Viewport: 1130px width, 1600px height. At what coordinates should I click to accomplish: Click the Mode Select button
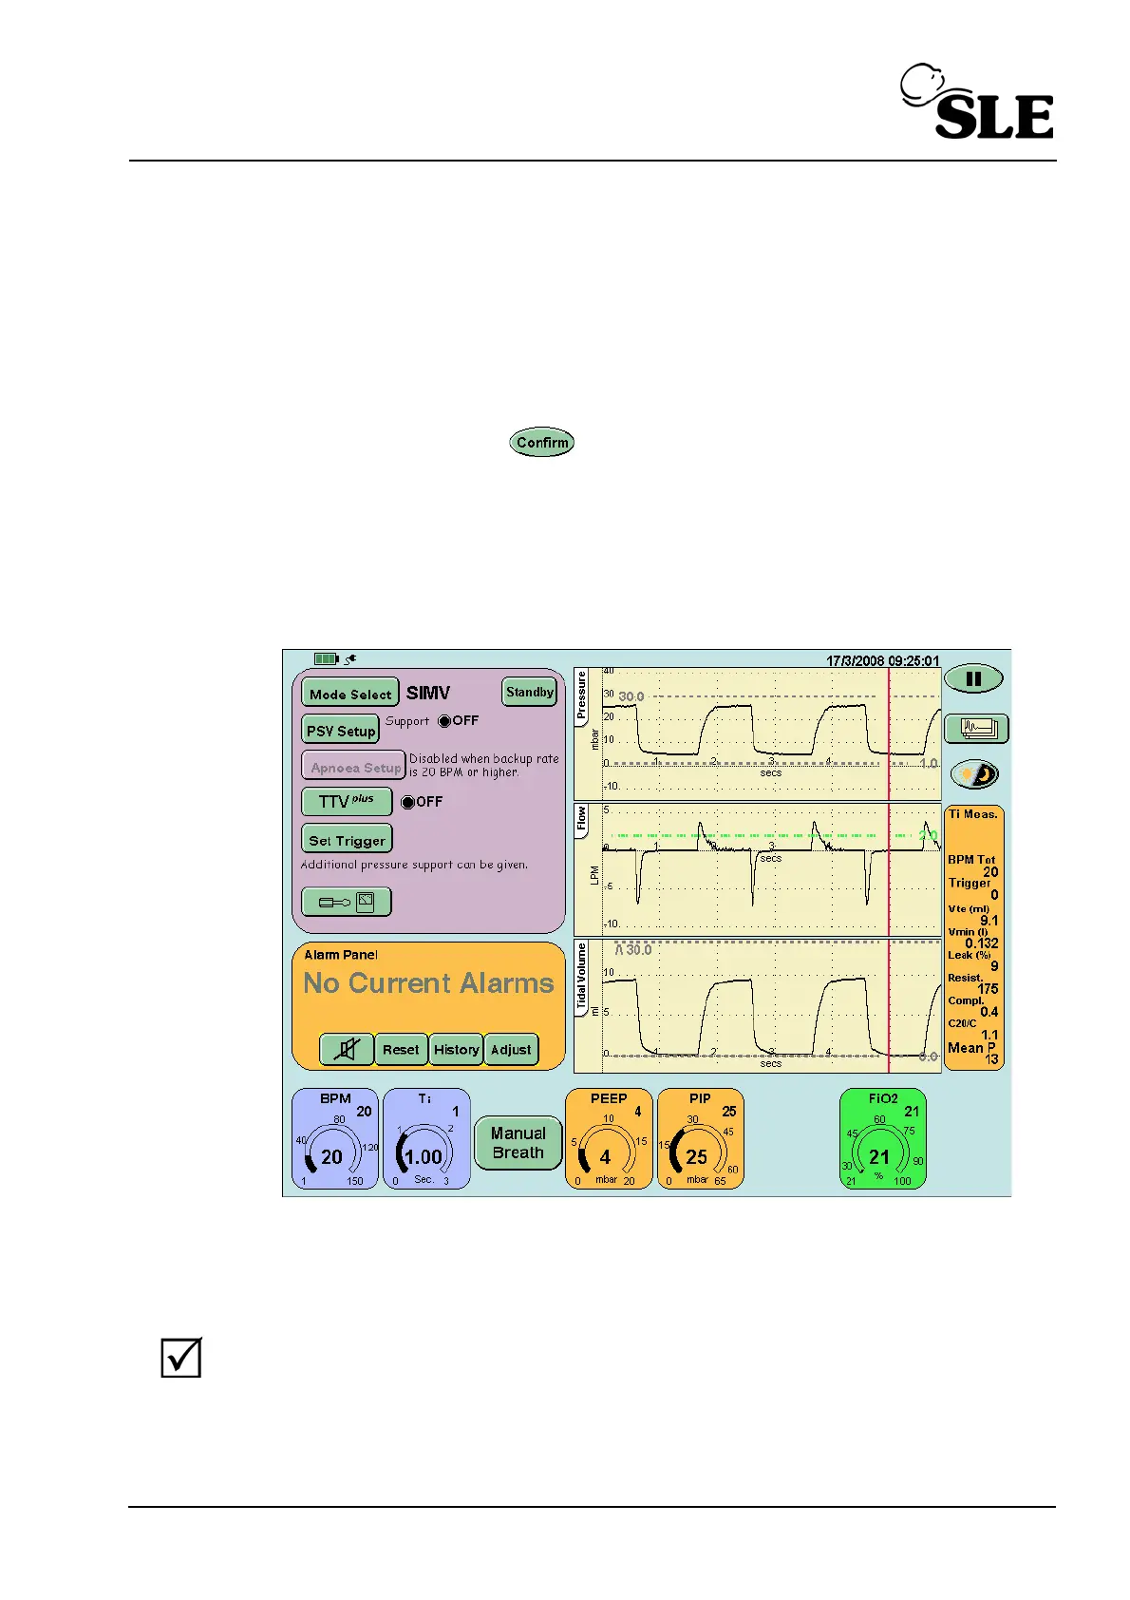(349, 694)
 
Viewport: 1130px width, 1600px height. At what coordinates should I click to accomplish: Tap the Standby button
(529, 693)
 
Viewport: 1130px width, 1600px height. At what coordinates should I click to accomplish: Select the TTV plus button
(347, 802)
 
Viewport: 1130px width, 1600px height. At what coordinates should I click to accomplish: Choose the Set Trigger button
(347, 840)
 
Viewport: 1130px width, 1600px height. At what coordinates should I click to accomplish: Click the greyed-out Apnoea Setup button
(354, 767)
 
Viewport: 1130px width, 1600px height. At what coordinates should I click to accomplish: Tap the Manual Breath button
(518, 1143)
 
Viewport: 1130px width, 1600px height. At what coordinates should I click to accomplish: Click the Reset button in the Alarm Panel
(401, 1050)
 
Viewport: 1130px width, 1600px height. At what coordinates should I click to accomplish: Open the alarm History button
(456, 1050)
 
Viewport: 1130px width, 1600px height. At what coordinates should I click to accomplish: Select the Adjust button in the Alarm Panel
(511, 1050)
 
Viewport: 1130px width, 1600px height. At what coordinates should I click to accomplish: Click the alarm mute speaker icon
(348, 1050)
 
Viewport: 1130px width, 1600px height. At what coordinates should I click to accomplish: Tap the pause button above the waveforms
(973, 679)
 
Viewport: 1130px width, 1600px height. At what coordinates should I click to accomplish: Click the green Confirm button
(542, 443)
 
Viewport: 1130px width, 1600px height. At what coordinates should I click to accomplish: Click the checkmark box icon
(180, 1358)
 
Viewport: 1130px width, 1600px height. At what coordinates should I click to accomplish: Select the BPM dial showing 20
(334, 1139)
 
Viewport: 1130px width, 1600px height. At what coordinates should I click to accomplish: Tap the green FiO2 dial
(882, 1139)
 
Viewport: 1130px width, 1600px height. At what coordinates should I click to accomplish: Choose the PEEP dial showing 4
(609, 1139)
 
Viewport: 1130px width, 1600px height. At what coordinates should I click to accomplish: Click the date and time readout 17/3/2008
(882, 660)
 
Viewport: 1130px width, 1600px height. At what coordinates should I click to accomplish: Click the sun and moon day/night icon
(974, 774)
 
